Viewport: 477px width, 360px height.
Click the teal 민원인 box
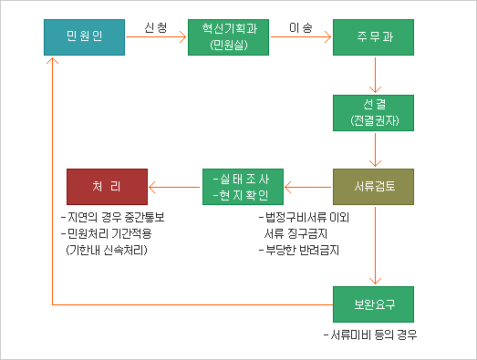coord(85,37)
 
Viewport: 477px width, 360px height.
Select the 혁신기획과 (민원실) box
coord(229,37)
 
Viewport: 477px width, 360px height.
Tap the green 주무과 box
coord(373,37)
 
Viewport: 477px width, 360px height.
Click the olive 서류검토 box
coord(373,187)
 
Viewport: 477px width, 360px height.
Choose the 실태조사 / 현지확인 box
coord(243,187)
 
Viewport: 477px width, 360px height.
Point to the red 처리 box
coord(107,187)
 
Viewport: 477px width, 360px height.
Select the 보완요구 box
coord(373,301)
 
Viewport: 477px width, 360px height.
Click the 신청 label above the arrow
coord(156,28)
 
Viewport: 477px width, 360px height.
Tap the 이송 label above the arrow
coord(300,28)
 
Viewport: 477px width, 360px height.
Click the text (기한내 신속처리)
coord(107,249)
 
